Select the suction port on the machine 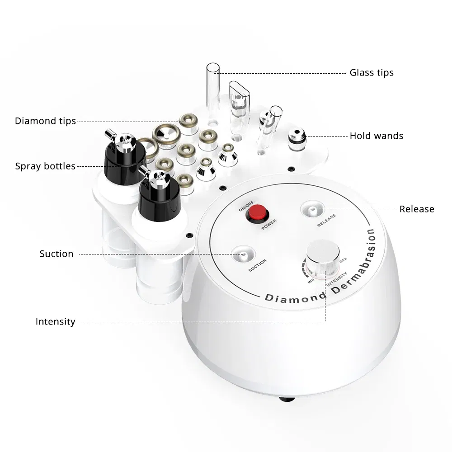[243, 254]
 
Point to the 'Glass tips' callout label [372, 72]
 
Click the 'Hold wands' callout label [376, 136]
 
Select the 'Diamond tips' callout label [45, 121]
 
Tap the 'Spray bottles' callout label [45, 166]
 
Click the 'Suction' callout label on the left [56, 254]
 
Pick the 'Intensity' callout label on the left [55, 322]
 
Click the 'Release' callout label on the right [416, 209]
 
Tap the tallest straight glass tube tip [212, 88]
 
